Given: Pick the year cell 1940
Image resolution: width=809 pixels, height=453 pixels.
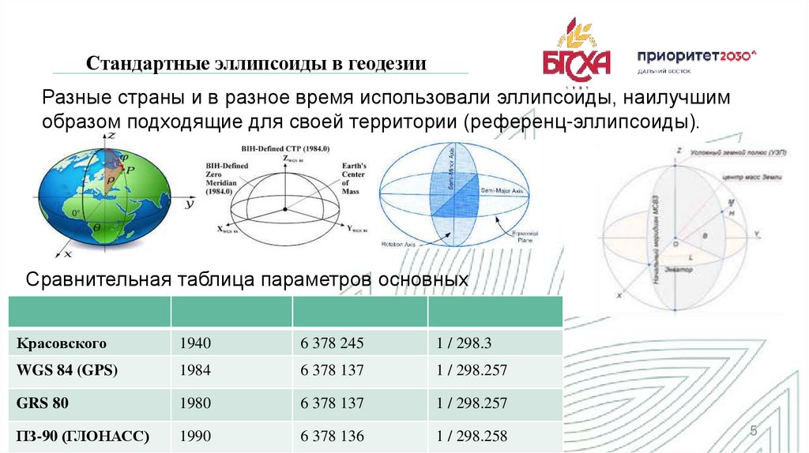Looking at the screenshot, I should pyautogui.click(x=195, y=343).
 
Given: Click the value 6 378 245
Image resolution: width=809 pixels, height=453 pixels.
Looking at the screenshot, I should pyautogui.click(x=332, y=343).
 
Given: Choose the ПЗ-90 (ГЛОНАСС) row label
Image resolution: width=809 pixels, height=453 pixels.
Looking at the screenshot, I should pyautogui.click(x=83, y=435).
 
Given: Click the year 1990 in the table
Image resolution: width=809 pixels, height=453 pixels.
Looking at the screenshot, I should pyautogui.click(x=195, y=435).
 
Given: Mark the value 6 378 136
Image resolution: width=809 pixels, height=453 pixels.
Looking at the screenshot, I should pyautogui.click(x=332, y=435).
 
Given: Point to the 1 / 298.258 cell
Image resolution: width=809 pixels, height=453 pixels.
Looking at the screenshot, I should pyautogui.click(x=471, y=435).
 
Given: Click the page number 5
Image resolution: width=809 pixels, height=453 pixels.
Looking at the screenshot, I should pyautogui.click(x=753, y=431).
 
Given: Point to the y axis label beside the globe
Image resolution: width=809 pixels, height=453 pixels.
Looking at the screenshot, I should pyautogui.click(x=190, y=204).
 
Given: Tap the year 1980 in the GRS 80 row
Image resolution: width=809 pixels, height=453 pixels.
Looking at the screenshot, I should pyautogui.click(x=195, y=403).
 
